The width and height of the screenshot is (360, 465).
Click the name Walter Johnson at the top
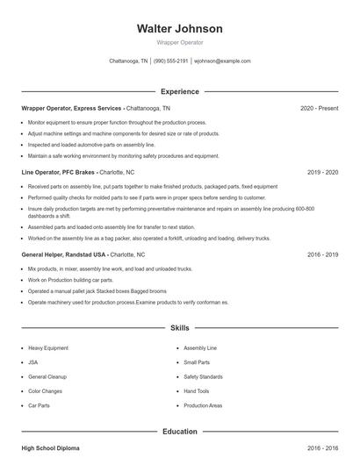(x=179, y=28)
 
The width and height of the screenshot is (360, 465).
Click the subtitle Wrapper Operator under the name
(x=179, y=42)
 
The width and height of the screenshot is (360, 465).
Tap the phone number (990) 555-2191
(x=171, y=61)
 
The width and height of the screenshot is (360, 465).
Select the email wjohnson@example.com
(x=222, y=61)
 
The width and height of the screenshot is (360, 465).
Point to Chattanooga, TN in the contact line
(x=129, y=61)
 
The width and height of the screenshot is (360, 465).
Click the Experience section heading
(x=179, y=91)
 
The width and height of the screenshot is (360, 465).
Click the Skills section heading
(x=179, y=328)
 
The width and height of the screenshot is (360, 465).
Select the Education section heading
(x=179, y=432)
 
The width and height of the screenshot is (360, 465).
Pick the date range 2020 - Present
(x=319, y=108)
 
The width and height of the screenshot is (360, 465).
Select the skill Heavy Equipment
(x=47, y=347)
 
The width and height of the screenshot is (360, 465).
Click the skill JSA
(x=32, y=362)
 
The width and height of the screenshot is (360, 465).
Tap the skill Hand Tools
(x=197, y=391)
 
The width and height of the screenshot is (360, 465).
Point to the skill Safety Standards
(x=203, y=377)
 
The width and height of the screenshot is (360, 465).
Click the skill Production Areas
(x=203, y=406)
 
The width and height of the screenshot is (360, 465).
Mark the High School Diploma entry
(x=50, y=448)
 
